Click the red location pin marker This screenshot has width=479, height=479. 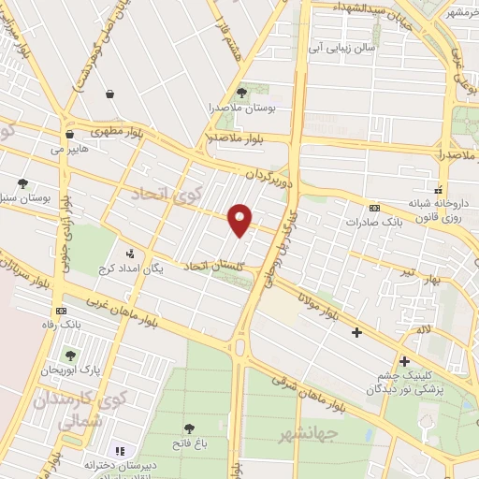(241, 219)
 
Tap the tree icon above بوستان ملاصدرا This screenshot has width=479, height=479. (242, 93)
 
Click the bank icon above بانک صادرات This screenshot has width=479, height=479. (375, 208)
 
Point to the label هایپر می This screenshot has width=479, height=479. (69, 149)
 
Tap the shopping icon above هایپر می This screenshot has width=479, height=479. (70, 134)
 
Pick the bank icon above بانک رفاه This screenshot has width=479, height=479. (62, 311)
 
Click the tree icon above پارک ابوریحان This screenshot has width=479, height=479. (70, 356)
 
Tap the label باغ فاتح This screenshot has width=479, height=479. (190, 442)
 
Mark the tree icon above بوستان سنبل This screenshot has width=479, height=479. (22, 184)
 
